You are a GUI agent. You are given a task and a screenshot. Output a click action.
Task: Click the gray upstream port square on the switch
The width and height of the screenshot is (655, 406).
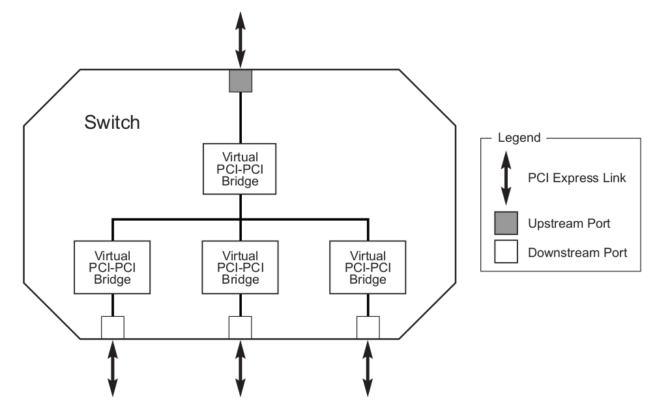pyautogui.click(x=240, y=81)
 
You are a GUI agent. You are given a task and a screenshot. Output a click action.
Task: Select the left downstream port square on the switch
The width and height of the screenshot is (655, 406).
pyautogui.click(x=113, y=327)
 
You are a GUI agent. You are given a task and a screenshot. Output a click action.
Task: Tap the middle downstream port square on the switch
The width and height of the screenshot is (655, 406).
pyautogui.click(x=240, y=327)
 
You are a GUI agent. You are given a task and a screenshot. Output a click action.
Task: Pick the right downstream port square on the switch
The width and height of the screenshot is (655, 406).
pyautogui.click(x=368, y=327)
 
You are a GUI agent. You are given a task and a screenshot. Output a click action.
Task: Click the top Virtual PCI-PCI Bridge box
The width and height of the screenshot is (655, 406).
pyautogui.click(x=240, y=169)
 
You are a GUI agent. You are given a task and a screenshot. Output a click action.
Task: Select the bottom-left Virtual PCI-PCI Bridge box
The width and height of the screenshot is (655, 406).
pyautogui.click(x=113, y=267)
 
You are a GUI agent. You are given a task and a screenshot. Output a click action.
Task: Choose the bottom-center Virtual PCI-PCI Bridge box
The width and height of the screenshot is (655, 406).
pyautogui.click(x=240, y=267)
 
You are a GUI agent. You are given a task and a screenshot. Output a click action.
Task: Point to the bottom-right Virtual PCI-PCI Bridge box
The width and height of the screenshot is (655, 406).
pyautogui.click(x=368, y=267)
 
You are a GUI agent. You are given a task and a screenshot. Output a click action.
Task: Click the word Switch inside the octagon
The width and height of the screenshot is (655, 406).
pyautogui.click(x=112, y=122)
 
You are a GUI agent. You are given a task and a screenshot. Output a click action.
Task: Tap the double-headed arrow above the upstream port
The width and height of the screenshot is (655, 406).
pyautogui.click(x=240, y=36)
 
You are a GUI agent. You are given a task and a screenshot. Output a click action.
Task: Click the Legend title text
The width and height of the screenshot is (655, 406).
pyautogui.click(x=519, y=138)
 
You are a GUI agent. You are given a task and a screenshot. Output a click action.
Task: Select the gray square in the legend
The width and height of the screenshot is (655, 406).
pyautogui.click(x=505, y=223)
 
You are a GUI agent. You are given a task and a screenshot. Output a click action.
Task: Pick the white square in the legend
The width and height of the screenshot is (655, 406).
pyautogui.click(x=505, y=252)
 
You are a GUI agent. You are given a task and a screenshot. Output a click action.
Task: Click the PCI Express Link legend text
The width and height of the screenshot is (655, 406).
pyautogui.click(x=577, y=178)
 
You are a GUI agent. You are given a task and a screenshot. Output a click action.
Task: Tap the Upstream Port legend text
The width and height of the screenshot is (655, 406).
pyautogui.click(x=569, y=224)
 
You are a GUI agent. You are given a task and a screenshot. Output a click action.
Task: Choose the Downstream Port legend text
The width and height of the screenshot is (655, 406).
pyautogui.click(x=577, y=252)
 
